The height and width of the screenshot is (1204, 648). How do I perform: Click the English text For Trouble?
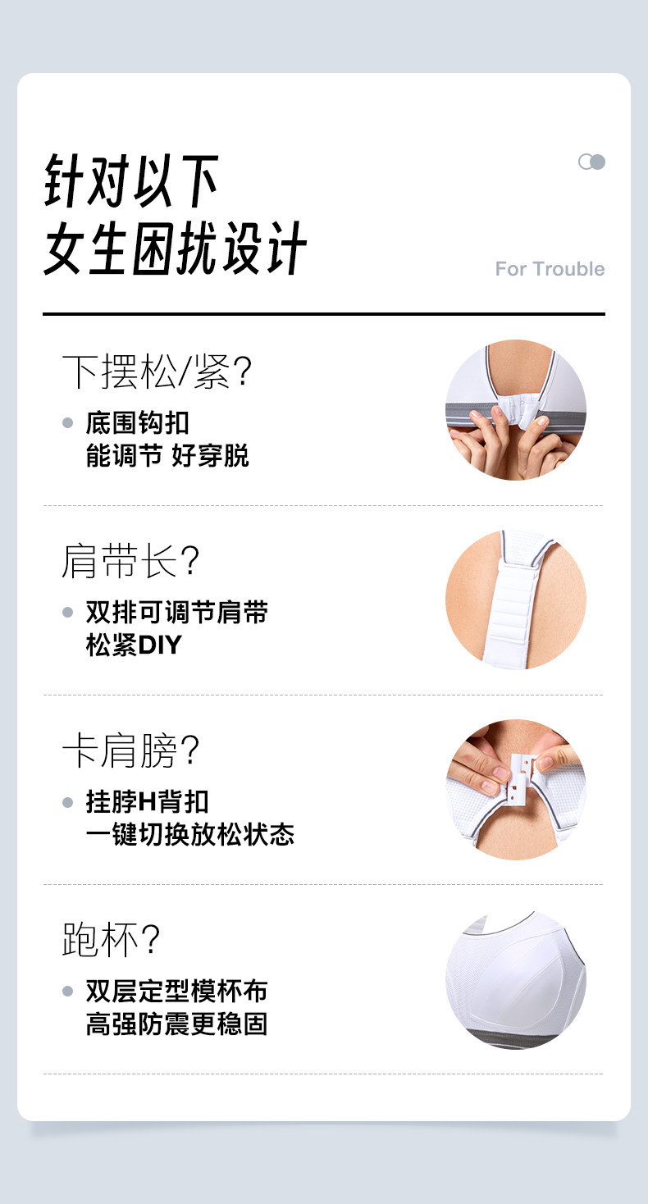550,269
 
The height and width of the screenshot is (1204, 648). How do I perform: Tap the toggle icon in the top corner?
591,162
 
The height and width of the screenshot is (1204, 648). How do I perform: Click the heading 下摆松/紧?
157,372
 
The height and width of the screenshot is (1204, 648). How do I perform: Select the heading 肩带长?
130,561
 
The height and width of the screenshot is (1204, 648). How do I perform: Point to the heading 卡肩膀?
130,750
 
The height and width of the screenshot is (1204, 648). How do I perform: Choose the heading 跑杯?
112,940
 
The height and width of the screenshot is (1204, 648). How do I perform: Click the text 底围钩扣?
138,423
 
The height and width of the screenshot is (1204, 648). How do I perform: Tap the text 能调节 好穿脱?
167,456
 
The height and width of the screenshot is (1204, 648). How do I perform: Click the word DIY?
160,645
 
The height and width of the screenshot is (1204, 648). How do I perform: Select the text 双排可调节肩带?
177,612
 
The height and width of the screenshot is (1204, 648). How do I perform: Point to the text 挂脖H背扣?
148,802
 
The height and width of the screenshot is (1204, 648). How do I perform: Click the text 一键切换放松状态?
189,835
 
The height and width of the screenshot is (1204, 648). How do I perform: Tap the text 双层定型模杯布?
177,991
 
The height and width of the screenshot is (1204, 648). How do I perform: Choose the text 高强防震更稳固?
177,1024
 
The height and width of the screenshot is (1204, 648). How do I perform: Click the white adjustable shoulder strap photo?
516,600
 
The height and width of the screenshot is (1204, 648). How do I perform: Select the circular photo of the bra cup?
516,979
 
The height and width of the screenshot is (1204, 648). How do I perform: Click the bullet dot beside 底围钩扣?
68,423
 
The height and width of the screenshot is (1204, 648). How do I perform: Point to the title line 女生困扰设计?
176,249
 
